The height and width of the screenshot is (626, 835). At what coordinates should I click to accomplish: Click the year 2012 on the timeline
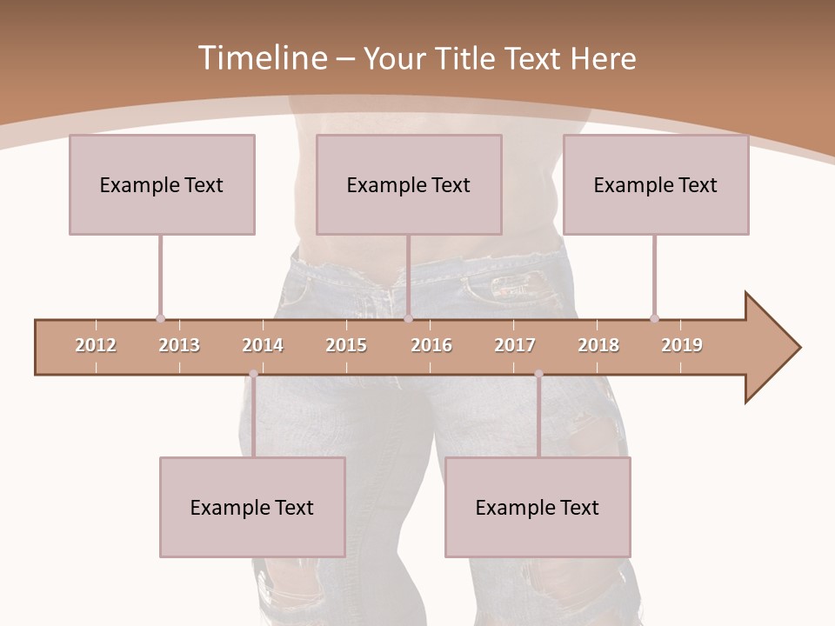pos(96,345)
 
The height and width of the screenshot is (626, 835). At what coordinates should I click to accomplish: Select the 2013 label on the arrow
pos(179,345)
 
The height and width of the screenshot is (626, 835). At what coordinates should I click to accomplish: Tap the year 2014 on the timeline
pos(263,345)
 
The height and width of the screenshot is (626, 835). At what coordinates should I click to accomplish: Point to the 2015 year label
pos(346,345)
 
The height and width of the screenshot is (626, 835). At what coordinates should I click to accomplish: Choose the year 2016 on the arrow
pos(431,345)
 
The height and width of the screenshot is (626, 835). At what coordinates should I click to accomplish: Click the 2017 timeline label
pos(515,345)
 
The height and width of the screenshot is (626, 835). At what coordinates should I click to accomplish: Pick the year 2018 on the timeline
pos(598,345)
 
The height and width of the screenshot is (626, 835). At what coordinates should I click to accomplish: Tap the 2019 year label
pos(682,345)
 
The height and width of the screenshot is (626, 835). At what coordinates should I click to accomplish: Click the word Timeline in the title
pos(261,58)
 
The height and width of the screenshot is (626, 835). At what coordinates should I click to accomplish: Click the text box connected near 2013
pos(162,184)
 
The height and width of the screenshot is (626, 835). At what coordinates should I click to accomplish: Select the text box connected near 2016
pos(409,184)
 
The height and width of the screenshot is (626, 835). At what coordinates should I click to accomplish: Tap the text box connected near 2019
pos(656,184)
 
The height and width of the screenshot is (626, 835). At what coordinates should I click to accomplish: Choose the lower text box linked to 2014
pos(252,507)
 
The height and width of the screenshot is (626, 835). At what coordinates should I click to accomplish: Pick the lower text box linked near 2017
pos(538,507)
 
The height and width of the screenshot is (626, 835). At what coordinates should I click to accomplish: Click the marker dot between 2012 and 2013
pos(160,318)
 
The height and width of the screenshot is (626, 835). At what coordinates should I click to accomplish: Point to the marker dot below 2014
pos(253,374)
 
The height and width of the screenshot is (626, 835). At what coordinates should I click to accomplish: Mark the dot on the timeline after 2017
pos(538,374)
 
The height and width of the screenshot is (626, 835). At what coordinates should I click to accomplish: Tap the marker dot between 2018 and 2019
pos(654,318)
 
